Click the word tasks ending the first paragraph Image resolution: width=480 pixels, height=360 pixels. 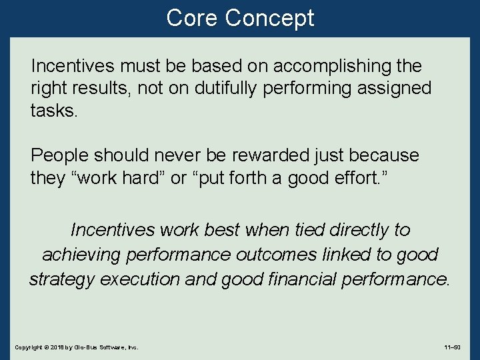point(54,110)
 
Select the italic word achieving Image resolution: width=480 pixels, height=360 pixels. point(83,255)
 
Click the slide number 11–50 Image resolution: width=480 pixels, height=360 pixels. point(453,347)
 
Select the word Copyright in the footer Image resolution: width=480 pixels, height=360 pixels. point(28,347)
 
